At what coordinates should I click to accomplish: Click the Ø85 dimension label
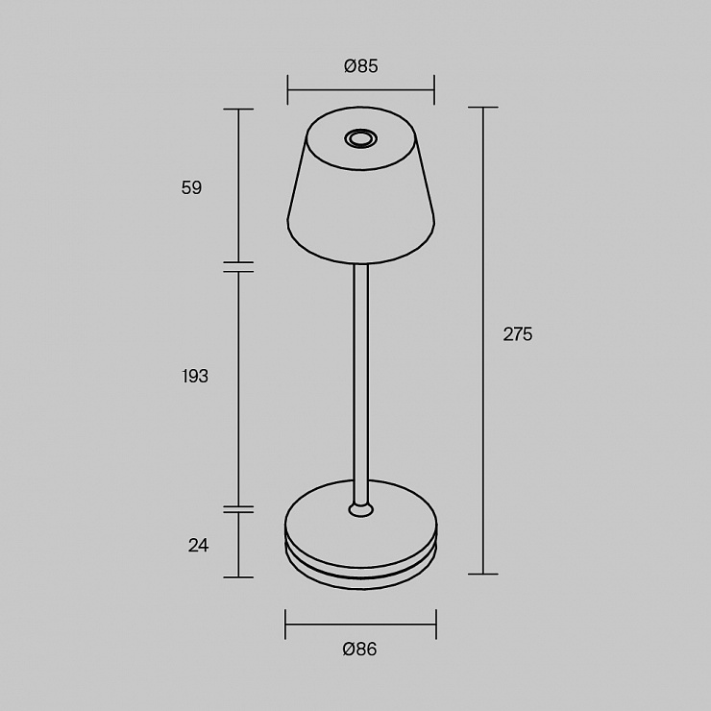pyautogui.click(x=361, y=66)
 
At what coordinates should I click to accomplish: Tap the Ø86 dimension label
pyautogui.click(x=360, y=650)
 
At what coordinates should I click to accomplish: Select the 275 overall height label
pyautogui.click(x=518, y=334)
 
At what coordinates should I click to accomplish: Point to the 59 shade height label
pyautogui.click(x=191, y=187)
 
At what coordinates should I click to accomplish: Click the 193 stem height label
pyautogui.click(x=195, y=376)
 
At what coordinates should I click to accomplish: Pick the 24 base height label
pyautogui.click(x=198, y=545)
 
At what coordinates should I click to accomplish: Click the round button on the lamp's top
pyautogui.click(x=360, y=138)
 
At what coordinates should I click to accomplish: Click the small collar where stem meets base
pyautogui.click(x=361, y=509)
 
